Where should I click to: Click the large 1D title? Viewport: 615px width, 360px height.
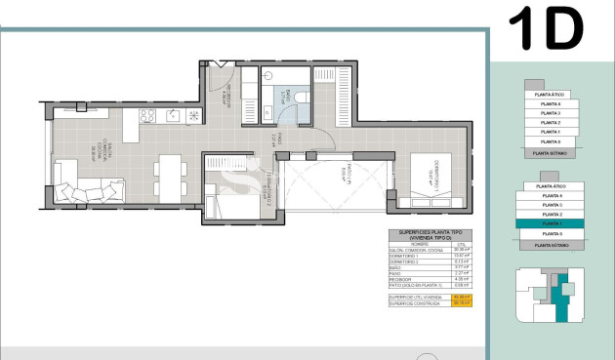pos(547,28)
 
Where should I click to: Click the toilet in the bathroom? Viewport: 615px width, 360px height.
pos(301,97)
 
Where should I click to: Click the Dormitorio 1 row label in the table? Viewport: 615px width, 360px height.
pos(406,256)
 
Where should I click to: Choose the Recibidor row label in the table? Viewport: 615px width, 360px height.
pos(406,279)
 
